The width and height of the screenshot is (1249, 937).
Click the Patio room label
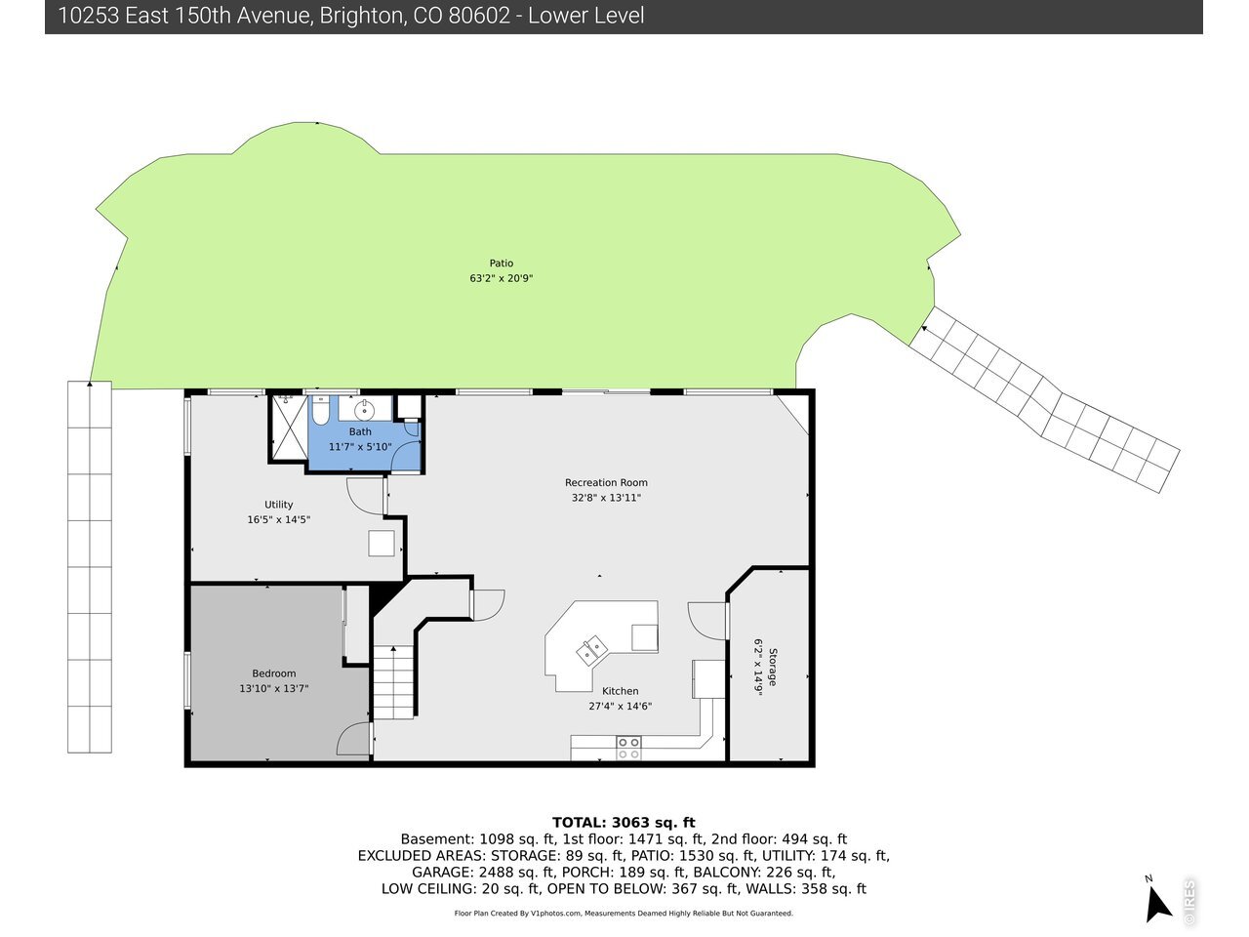[x=501, y=263]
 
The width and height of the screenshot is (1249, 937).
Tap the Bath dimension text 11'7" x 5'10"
[x=360, y=447]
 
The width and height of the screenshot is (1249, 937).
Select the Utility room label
[x=278, y=505]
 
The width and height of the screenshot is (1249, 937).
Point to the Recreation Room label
[x=606, y=482]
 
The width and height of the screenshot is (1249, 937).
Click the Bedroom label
[x=273, y=673]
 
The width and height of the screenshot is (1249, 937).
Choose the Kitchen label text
[x=621, y=691]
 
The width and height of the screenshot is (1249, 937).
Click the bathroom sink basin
[x=364, y=409]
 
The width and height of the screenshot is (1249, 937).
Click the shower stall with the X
[x=290, y=428]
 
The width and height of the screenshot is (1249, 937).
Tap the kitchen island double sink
[x=591, y=650]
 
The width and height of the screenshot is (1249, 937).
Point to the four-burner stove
[x=628, y=748]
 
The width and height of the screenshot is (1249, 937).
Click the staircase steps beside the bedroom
[x=393, y=682]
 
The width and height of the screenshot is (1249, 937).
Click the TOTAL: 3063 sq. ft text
[x=624, y=823]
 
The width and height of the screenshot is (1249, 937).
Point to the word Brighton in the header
[x=362, y=16]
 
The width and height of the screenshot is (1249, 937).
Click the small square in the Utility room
[x=382, y=544]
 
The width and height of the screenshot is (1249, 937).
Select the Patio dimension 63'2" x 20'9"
[x=501, y=278]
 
